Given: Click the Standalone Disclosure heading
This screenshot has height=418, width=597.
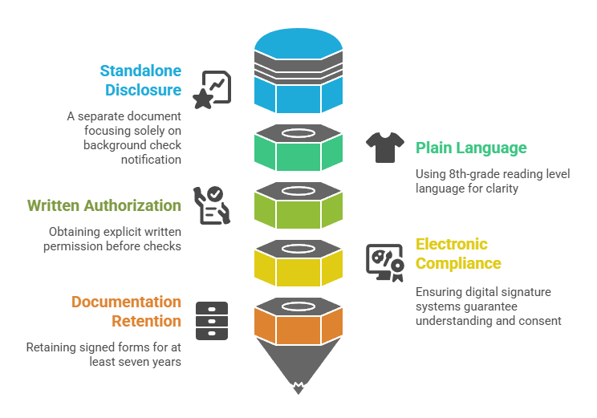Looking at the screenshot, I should pyautogui.click(x=140, y=79).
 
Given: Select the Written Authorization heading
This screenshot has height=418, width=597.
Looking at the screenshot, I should pyautogui.click(x=104, y=206).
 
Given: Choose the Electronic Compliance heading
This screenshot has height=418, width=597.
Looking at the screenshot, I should pyautogui.click(x=458, y=254).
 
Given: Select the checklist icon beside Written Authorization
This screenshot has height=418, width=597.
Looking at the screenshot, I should pyautogui.click(x=212, y=205).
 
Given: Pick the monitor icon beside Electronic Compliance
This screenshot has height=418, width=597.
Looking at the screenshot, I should pyautogui.click(x=384, y=263).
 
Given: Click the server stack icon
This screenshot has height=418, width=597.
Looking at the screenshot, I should pyautogui.click(x=212, y=321).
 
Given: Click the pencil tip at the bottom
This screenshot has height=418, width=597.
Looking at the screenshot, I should pyautogui.click(x=298, y=388).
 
